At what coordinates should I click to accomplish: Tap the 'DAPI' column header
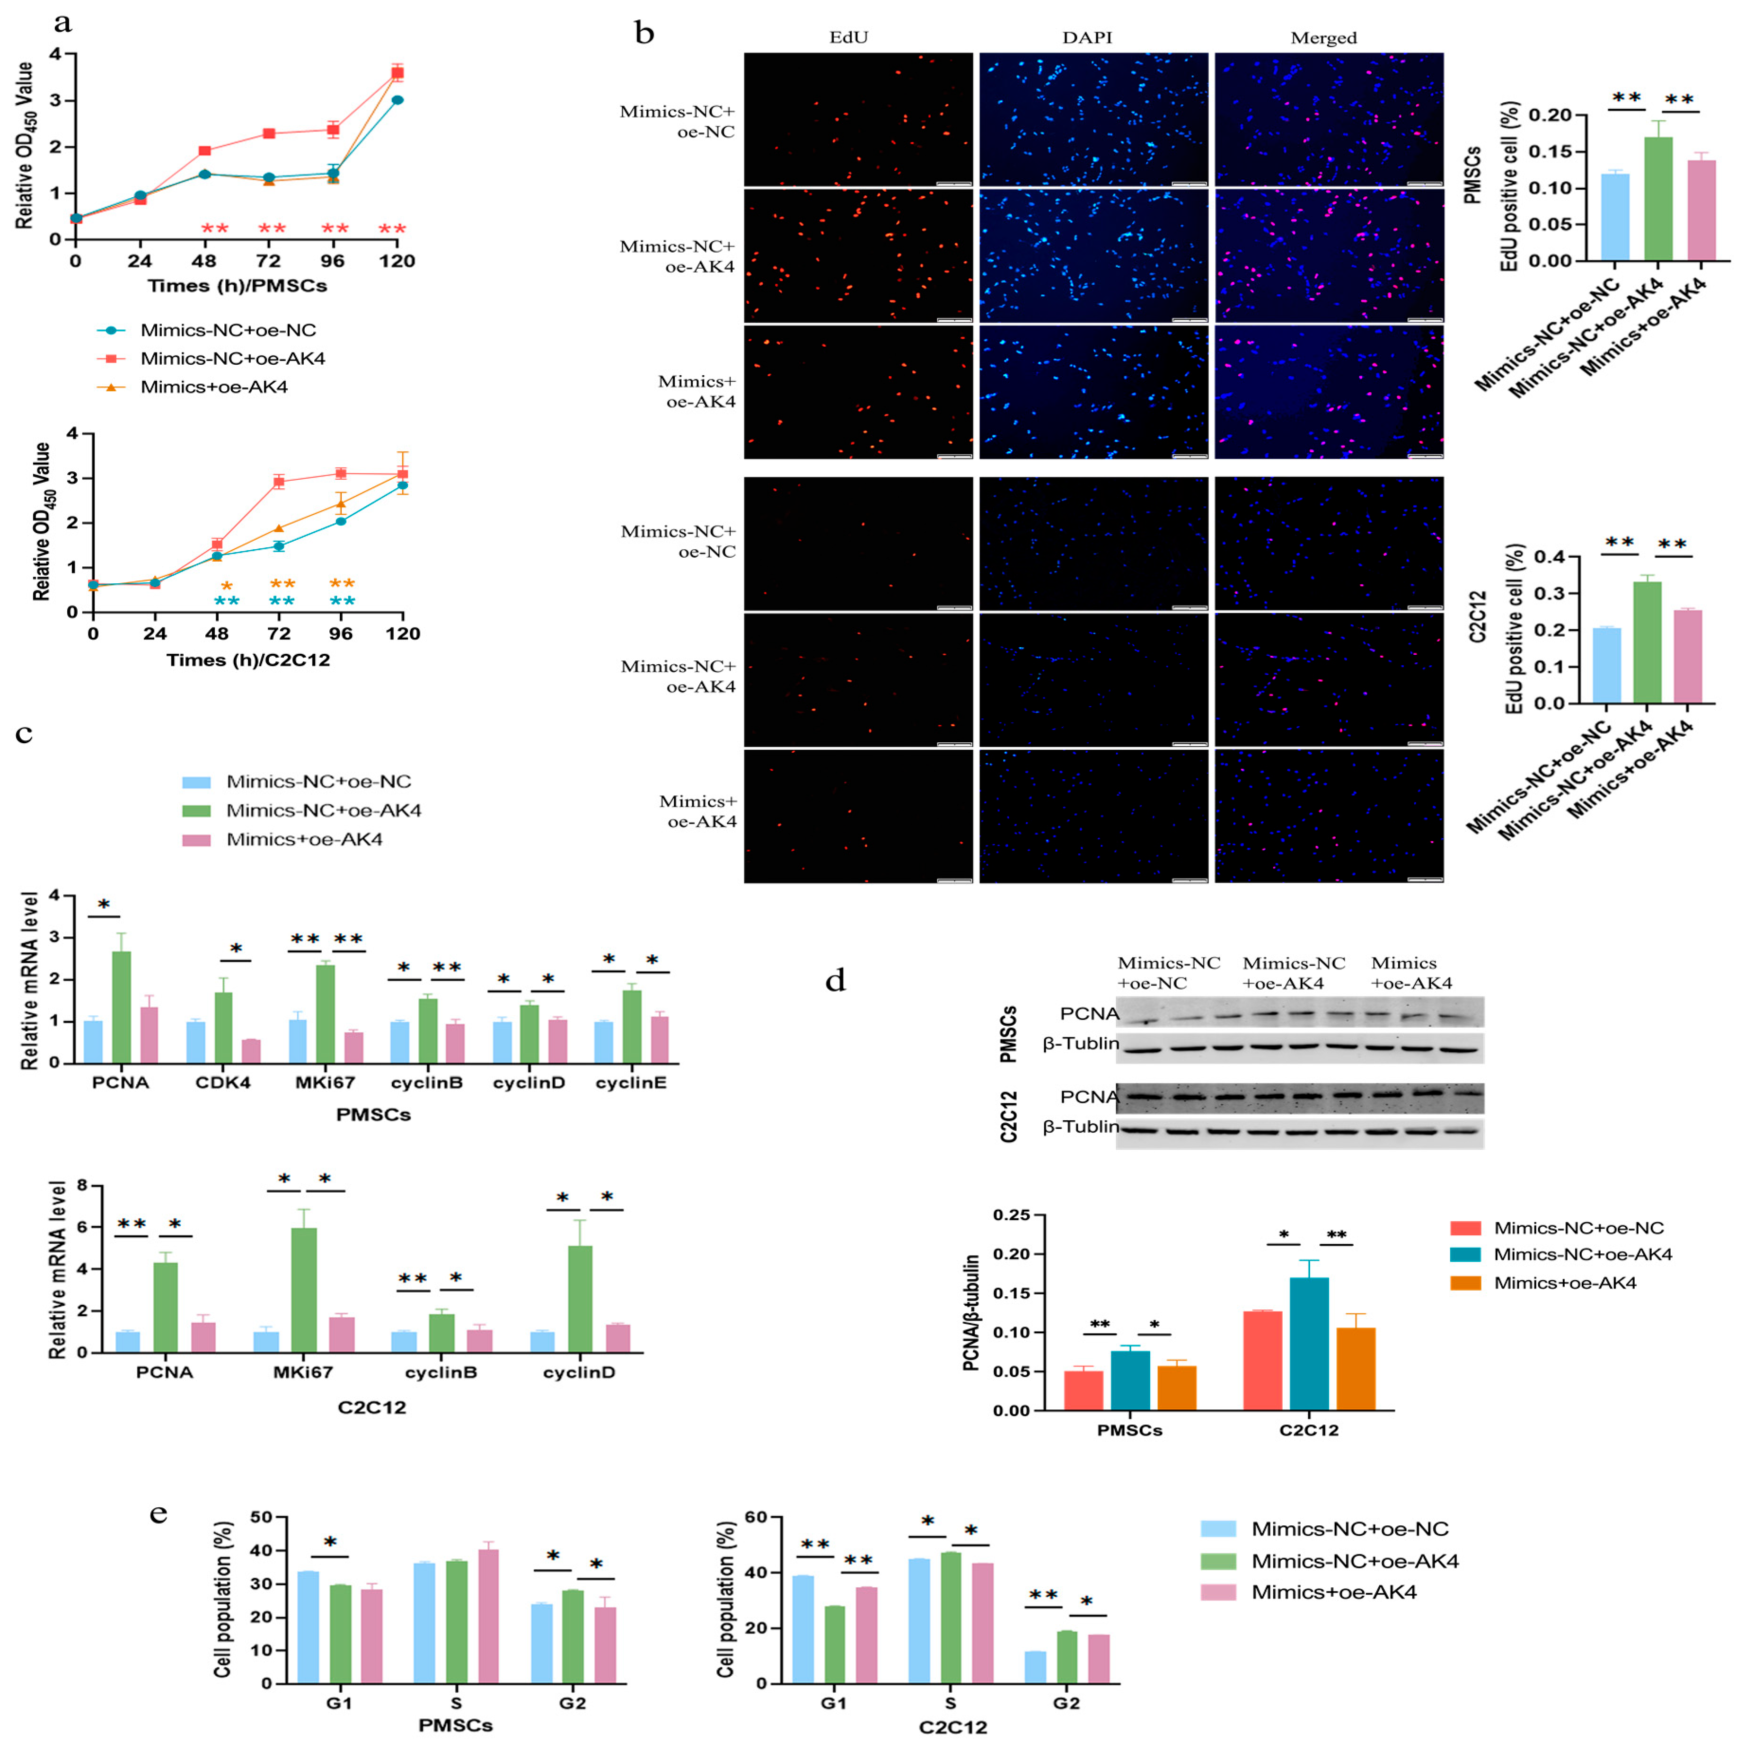(1087, 37)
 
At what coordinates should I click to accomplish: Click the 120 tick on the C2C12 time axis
(402, 633)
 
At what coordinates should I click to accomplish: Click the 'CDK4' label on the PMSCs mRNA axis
(223, 1082)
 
